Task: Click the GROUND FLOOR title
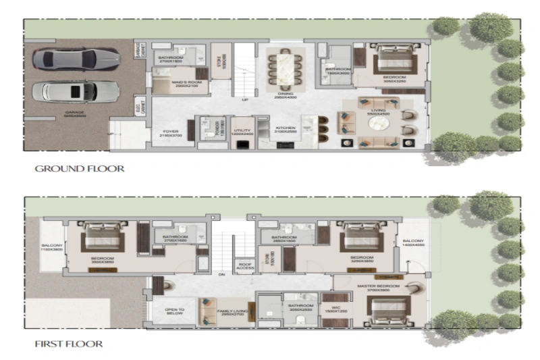(79, 168)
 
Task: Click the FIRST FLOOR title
(69, 344)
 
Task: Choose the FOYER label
(167, 133)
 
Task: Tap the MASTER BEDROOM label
(379, 286)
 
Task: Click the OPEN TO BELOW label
(175, 312)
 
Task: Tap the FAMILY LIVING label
(230, 312)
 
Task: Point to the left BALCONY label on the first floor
(51, 245)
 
